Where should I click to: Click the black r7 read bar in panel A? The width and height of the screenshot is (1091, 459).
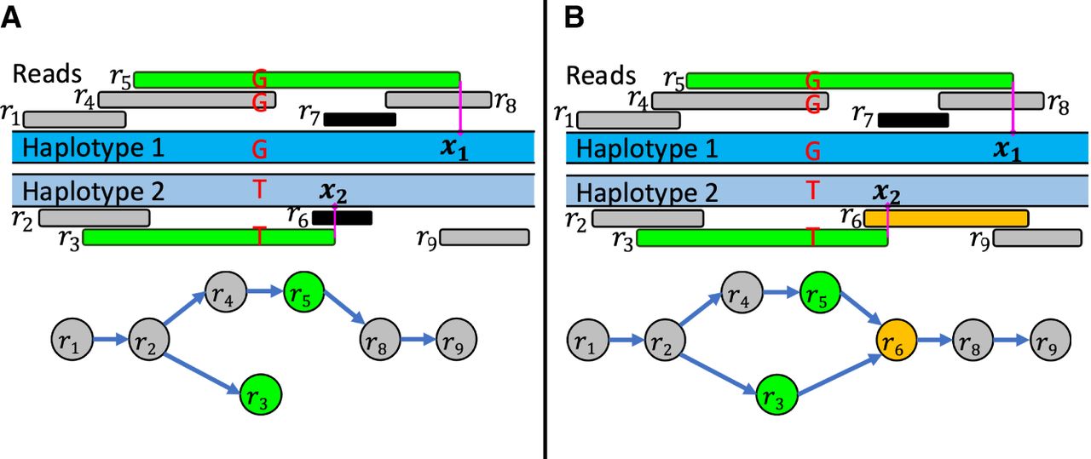(360, 119)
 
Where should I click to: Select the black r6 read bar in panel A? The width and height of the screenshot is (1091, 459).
(342, 218)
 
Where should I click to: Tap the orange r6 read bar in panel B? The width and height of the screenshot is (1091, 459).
(946, 218)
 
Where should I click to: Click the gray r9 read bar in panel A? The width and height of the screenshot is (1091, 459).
(484, 237)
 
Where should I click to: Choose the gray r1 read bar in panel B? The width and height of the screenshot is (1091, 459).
(629, 119)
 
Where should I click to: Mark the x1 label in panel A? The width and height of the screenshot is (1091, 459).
(453, 149)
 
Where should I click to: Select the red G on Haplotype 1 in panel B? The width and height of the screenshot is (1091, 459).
(813, 151)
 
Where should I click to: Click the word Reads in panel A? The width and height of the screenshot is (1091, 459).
(47, 74)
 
